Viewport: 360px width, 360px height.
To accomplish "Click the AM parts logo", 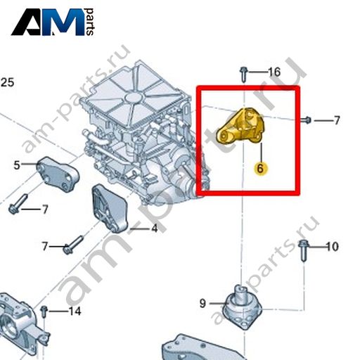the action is click(53, 22).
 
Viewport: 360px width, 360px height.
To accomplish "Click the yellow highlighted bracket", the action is click(240, 126).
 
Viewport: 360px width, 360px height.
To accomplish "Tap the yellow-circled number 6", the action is click(260, 169).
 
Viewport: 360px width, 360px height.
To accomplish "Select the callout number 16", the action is click(274, 72).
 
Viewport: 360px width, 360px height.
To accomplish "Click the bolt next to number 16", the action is click(244, 75).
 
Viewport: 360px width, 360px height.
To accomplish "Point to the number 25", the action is click(7, 82).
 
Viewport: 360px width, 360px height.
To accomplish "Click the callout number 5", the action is click(17, 165).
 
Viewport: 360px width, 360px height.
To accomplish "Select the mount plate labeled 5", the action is click(58, 174).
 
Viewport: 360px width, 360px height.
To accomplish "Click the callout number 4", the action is click(154, 228).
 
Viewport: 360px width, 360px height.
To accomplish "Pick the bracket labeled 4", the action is click(110, 208).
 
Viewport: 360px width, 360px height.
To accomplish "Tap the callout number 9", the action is click(202, 303).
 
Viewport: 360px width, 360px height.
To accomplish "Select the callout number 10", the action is click(333, 247).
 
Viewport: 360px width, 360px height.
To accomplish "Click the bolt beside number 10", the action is click(303, 250).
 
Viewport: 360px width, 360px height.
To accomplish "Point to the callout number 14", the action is click(75, 311).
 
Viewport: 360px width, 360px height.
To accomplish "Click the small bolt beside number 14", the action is click(44, 311).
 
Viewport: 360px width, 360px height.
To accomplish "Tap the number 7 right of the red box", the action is click(337, 120).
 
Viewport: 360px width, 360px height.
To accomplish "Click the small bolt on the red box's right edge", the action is click(306, 120).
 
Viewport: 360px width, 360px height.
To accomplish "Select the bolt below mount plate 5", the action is click(18, 203).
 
